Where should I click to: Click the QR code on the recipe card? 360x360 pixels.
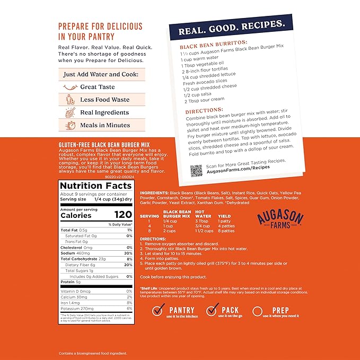[x=196, y=171]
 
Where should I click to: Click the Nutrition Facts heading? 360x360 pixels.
[x=95, y=186]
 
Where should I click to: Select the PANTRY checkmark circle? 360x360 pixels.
[x=157, y=311]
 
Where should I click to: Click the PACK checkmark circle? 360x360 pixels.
[x=213, y=311]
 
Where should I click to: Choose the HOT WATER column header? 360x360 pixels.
[x=203, y=214]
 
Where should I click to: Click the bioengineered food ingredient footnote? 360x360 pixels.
[x=93, y=353]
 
